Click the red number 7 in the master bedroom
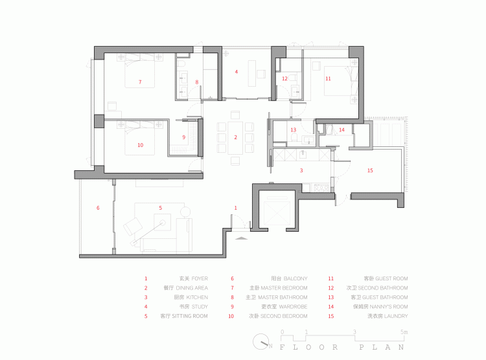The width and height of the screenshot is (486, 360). click(140, 82)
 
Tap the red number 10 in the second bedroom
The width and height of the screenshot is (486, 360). click(140, 146)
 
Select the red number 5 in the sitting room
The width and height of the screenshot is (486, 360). click(160, 208)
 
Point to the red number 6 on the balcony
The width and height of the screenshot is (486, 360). click(98, 208)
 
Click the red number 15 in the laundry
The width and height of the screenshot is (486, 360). click(370, 171)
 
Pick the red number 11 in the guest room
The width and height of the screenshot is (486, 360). click(328, 78)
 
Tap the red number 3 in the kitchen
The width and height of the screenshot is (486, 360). click(301, 170)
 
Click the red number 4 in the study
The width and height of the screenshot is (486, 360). click(237, 72)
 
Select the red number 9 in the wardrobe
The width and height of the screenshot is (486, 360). click(183, 137)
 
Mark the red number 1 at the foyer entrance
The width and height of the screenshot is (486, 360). click(236, 207)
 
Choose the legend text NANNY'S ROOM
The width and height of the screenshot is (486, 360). click(389, 306)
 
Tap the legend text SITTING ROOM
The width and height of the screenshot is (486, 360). click(191, 316)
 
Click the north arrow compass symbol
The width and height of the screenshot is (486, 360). click(262, 341)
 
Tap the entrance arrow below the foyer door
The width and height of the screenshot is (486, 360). click(240, 238)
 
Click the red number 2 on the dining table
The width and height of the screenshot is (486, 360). click(236, 137)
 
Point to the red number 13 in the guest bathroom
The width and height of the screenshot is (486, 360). click(293, 130)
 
